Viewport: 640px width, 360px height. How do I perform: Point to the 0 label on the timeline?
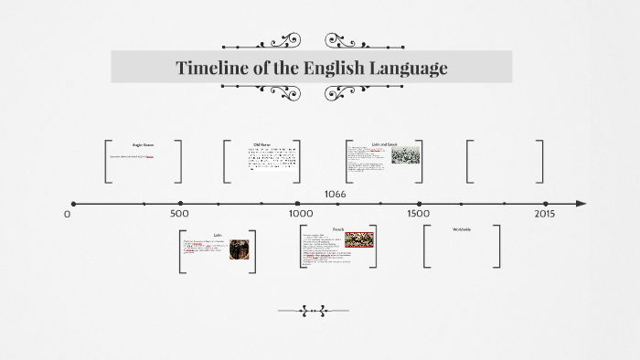coord(67,214)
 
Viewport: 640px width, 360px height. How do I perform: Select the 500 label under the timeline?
coord(179,214)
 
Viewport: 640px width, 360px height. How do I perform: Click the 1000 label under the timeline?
coord(301,214)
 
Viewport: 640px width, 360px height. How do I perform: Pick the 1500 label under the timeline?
coord(419,214)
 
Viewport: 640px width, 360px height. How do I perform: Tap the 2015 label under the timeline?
coord(544,214)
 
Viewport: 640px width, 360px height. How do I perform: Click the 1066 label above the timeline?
coord(335,194)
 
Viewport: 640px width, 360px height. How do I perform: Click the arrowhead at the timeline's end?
coord(581,204)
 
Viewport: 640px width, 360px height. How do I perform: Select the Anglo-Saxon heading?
coord(144,144)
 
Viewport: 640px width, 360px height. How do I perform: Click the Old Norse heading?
coord(262,144)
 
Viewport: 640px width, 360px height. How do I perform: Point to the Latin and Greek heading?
coord(384,144)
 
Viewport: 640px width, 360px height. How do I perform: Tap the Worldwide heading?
coord(462,228)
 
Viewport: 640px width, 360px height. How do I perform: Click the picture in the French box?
coord(359,240)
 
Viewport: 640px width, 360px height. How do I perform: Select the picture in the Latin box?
coord(240,249)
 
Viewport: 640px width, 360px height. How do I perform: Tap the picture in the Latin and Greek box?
coord(406,155)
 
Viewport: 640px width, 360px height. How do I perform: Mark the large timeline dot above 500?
coord(180,204)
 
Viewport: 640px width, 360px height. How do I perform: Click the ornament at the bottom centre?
coord(314,312)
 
